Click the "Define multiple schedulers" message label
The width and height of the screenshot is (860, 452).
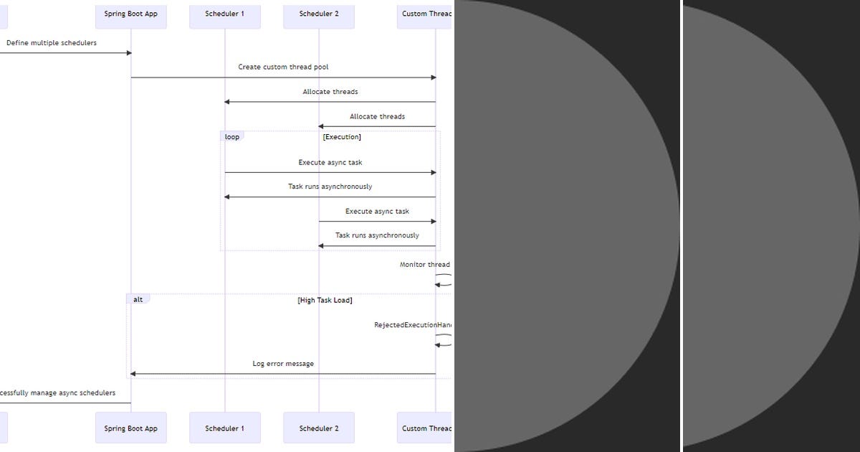(52, 43)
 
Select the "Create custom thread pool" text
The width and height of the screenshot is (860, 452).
(283, 67)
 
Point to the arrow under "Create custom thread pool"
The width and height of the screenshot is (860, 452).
(283, 77)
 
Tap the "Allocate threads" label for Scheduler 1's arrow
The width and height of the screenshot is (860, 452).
(330, 92)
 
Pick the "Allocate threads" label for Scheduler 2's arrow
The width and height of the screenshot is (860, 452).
(377, 116)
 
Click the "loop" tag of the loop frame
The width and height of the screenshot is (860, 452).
(232, 137)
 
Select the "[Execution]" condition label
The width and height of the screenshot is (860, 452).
(342, 137)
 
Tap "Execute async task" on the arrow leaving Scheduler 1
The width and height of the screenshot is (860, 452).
(330, 163)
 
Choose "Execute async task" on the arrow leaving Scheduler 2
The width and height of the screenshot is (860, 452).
(377, 212)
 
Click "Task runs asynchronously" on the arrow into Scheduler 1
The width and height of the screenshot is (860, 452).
(330, 187)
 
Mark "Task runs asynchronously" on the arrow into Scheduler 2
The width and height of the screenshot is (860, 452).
(377, 235)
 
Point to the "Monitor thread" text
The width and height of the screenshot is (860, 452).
(425, 265)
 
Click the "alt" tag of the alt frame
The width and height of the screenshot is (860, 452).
(138, 299)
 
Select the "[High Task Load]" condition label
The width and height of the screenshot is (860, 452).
(325, 301)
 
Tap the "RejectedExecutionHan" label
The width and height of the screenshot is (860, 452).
(413, 325)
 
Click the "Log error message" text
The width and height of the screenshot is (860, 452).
(283, 364)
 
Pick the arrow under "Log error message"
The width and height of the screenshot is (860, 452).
(283, 374)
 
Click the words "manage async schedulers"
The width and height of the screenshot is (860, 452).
(72, 393)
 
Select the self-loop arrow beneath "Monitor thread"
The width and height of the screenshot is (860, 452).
(444, 280)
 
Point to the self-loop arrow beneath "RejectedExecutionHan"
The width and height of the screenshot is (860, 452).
(444, 340)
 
